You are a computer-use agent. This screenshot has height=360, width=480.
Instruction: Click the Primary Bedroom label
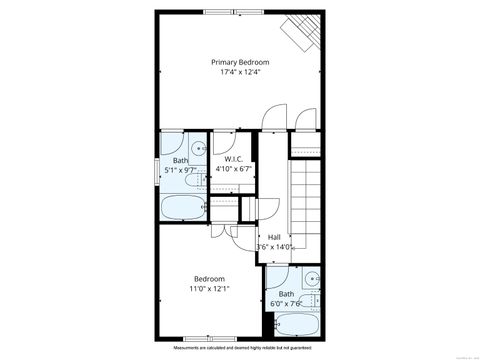coord(239,61)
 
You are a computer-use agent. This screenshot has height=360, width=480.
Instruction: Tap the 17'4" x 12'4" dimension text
coord(239,72)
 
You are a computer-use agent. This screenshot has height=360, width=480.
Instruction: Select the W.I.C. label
coord(233,159)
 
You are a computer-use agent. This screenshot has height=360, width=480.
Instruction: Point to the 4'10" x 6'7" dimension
coord(233,169)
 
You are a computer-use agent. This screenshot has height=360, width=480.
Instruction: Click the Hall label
coord(274,237)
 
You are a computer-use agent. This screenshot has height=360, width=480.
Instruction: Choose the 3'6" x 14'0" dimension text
coord(274,247)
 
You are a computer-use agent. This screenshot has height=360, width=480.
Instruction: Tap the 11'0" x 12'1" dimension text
coord(209,289)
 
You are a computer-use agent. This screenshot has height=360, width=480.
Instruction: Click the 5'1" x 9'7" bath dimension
coord(181,170)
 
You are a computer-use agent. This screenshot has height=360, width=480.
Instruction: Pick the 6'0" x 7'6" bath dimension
coord(287,303)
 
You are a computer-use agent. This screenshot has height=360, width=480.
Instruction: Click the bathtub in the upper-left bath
coord(183,208)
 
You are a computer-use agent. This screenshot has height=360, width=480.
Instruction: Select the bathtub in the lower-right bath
coord(296,326)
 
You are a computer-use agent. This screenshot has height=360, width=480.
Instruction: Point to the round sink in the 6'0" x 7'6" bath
coord(313,278)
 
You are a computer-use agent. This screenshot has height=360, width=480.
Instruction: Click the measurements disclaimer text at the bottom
coord(240,347)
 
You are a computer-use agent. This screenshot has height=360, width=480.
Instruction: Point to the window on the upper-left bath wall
coord(158,165)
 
